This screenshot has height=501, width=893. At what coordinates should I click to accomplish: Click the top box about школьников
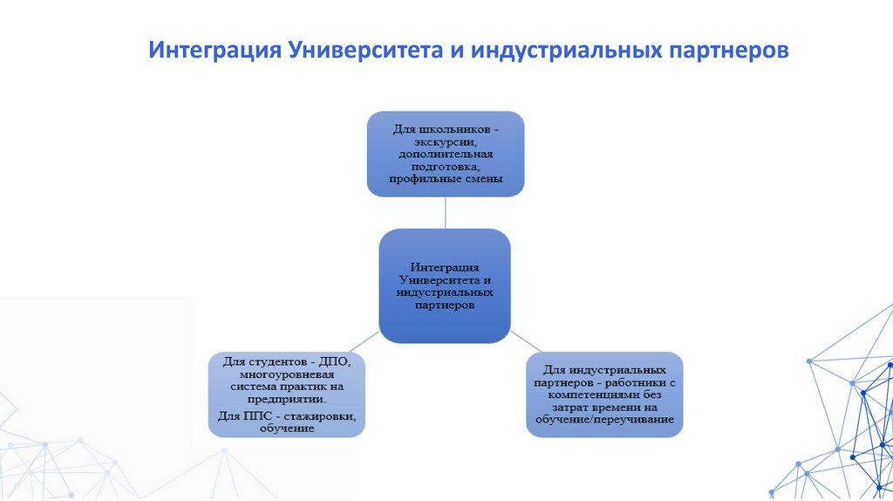446,153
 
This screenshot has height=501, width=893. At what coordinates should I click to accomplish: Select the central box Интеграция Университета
446,285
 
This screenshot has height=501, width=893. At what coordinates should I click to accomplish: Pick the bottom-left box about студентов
287,394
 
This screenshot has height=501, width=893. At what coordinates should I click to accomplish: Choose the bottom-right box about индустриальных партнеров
604,394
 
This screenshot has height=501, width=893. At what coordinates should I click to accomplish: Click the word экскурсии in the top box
446,141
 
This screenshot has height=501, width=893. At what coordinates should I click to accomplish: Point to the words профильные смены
446,179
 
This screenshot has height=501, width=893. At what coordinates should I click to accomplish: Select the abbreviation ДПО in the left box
334,360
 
